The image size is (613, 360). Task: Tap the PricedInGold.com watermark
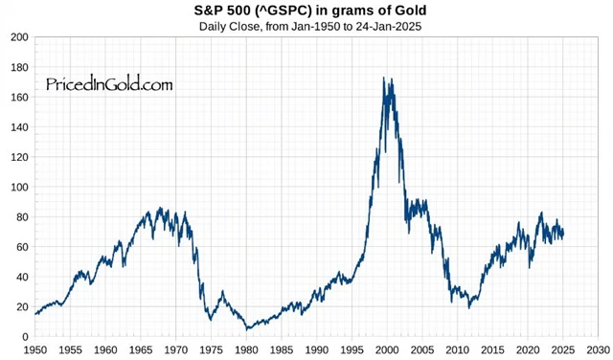tap(109, 84)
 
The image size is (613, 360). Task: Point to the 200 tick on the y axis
tap(17, 38)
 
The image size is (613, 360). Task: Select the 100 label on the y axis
tap(17, 188)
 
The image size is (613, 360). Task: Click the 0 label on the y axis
tap(24, 337)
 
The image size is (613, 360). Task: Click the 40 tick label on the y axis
tap(20, 278)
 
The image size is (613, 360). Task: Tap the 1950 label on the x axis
tap(35, 350)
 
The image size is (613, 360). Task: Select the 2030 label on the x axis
tap(599, 350)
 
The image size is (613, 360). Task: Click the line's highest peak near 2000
tap(384, 79)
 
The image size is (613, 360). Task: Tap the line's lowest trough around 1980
tap(248, 328)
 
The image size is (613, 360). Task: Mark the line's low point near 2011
tap(469, 307)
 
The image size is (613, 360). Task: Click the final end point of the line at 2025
tap(563, 233)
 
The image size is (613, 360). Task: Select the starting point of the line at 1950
tap(35, 314)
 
